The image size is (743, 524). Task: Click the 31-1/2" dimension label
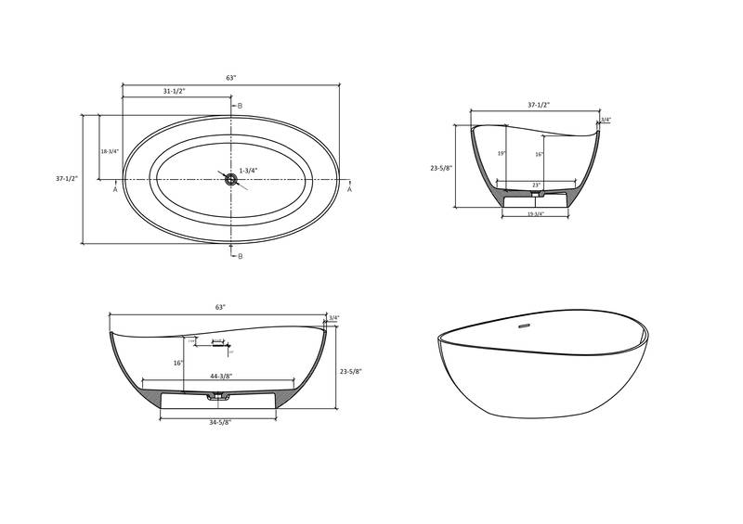175,91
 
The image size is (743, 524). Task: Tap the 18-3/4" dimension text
110,151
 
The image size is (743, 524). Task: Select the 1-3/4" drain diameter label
248,171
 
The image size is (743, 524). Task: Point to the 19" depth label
502,154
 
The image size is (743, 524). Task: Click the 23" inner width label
536,186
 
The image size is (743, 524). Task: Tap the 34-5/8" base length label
219,422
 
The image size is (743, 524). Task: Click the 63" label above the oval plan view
230,78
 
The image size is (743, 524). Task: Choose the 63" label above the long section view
220,307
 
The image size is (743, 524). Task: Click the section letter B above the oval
240,106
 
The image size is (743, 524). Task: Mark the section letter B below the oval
240,255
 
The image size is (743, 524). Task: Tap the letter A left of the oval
115,189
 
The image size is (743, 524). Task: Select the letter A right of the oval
349,189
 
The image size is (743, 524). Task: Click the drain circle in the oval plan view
230,179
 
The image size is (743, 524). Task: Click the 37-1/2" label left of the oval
67,179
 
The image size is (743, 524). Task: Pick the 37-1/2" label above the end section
540,105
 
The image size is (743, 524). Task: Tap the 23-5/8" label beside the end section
441,168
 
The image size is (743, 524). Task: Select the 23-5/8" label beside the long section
350,371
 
